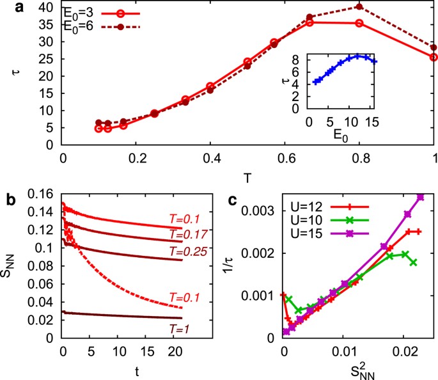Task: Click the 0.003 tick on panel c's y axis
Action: [264, 210]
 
